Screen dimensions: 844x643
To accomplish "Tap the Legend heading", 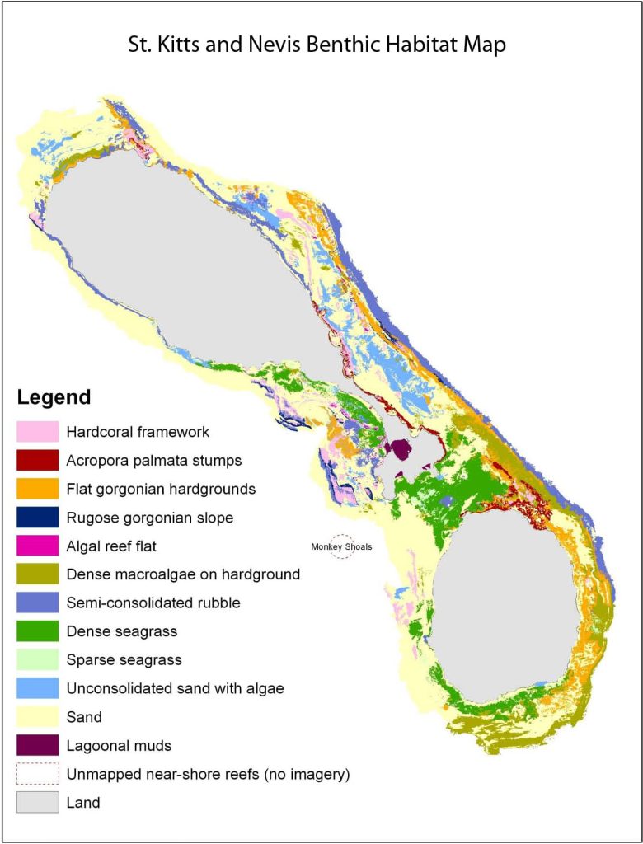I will point(54,397).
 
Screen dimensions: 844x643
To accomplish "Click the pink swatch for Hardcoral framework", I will point(38,432).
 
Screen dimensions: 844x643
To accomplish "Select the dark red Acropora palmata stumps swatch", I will point(38,460).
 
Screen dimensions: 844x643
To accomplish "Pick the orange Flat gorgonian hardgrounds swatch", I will point(38,489).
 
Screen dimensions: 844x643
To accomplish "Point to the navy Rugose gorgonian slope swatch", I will point(38,518).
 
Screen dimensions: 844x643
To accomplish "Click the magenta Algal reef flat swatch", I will point(38,546).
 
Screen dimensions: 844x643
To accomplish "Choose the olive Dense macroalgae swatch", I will point(38,574).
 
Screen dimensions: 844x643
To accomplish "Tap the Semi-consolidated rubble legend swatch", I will point(38,603).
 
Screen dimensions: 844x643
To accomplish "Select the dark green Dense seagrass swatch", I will point(38,631).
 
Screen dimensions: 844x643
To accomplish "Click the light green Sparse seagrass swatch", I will point(38,660).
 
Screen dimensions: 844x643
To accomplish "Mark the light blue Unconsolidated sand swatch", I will point(38,688).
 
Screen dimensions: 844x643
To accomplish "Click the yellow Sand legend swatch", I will point(38,717).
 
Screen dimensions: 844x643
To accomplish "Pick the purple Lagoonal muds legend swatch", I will point(38,746).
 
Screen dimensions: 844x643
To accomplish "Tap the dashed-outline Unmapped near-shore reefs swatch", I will point(38,774).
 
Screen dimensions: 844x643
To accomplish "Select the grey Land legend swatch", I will point(38,802).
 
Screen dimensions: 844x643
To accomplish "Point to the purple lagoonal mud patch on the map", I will point(401,450).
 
